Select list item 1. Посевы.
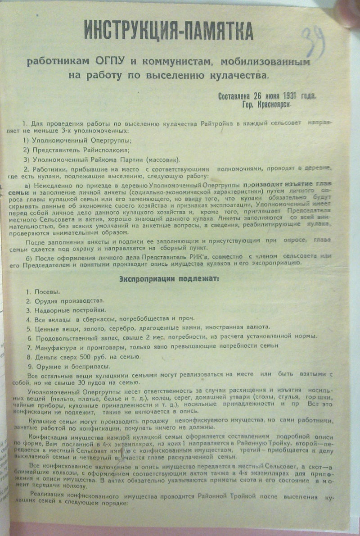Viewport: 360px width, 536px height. coord(43,293)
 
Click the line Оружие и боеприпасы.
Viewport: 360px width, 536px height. coord(63,366)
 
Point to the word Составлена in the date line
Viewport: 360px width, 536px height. coord(237,95)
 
